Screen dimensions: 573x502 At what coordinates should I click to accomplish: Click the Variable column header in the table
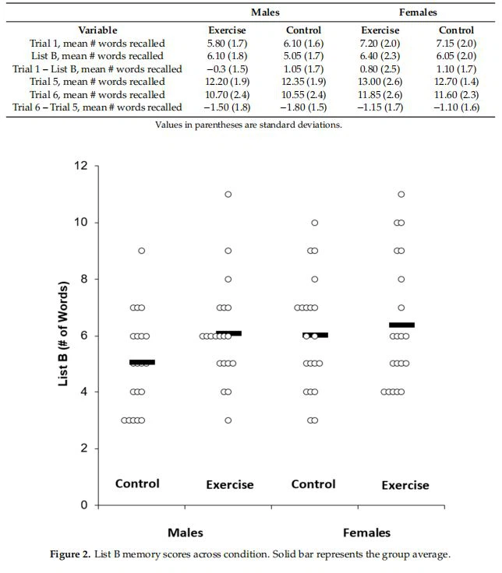tap(97, 30)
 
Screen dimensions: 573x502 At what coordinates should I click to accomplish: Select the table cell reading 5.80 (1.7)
tap(227, 43)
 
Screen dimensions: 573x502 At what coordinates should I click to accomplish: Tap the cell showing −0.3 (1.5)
tap(227, 69)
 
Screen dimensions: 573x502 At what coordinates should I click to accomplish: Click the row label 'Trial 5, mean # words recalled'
tap(97, 81)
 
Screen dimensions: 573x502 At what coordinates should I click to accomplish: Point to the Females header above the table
tap(418, 12)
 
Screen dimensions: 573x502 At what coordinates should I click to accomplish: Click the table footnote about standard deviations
tap(248, 125)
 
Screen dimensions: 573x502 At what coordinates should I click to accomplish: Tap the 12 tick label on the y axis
tap(80, 166)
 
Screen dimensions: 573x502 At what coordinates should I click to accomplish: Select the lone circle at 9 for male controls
tap(142, 251)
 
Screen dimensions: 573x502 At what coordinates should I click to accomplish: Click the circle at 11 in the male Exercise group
tap(228, 194)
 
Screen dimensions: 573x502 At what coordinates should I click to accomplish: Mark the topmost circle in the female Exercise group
tap(401, 194)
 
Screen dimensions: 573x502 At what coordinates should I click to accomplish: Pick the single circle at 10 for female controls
tap(315, 223)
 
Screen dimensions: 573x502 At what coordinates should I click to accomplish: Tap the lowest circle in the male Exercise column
tap(228, 420)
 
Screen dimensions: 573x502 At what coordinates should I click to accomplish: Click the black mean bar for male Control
tap(142, 362)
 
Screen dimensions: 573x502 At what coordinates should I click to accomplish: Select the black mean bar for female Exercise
tap(401, 325)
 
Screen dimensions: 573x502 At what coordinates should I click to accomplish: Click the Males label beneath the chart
tap(186, 533)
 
